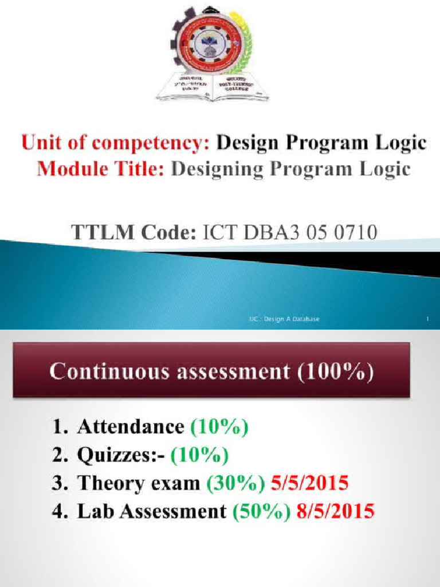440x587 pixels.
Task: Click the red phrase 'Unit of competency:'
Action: tap(115, 143)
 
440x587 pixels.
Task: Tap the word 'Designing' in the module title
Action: tap(223, 169)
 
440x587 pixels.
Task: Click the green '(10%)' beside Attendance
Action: tap(219, 428)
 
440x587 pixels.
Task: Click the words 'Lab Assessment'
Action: tap(152, 510)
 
